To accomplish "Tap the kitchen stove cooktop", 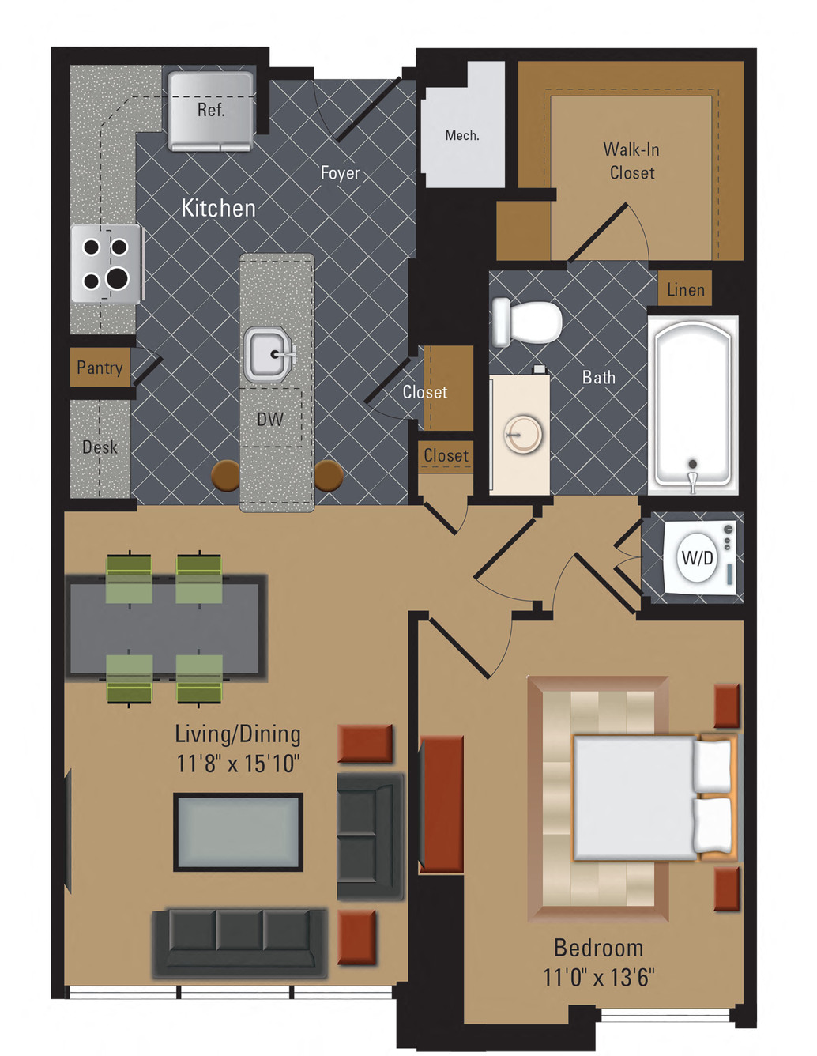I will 106,264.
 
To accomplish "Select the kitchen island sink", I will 268,354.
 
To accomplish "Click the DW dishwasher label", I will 270,420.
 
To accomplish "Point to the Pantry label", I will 100,368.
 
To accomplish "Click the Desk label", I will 100,447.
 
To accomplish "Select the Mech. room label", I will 462,136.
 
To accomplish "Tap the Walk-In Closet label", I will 631,161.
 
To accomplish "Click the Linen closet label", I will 685,290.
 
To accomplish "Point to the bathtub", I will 692,404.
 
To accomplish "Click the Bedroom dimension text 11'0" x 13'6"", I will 598,978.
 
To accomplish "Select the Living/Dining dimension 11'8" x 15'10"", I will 238,764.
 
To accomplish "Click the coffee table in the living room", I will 239,832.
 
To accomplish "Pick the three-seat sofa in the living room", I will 239,941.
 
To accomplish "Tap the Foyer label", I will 340,173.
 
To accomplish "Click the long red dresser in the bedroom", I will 441,805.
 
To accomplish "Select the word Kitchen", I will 219,208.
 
